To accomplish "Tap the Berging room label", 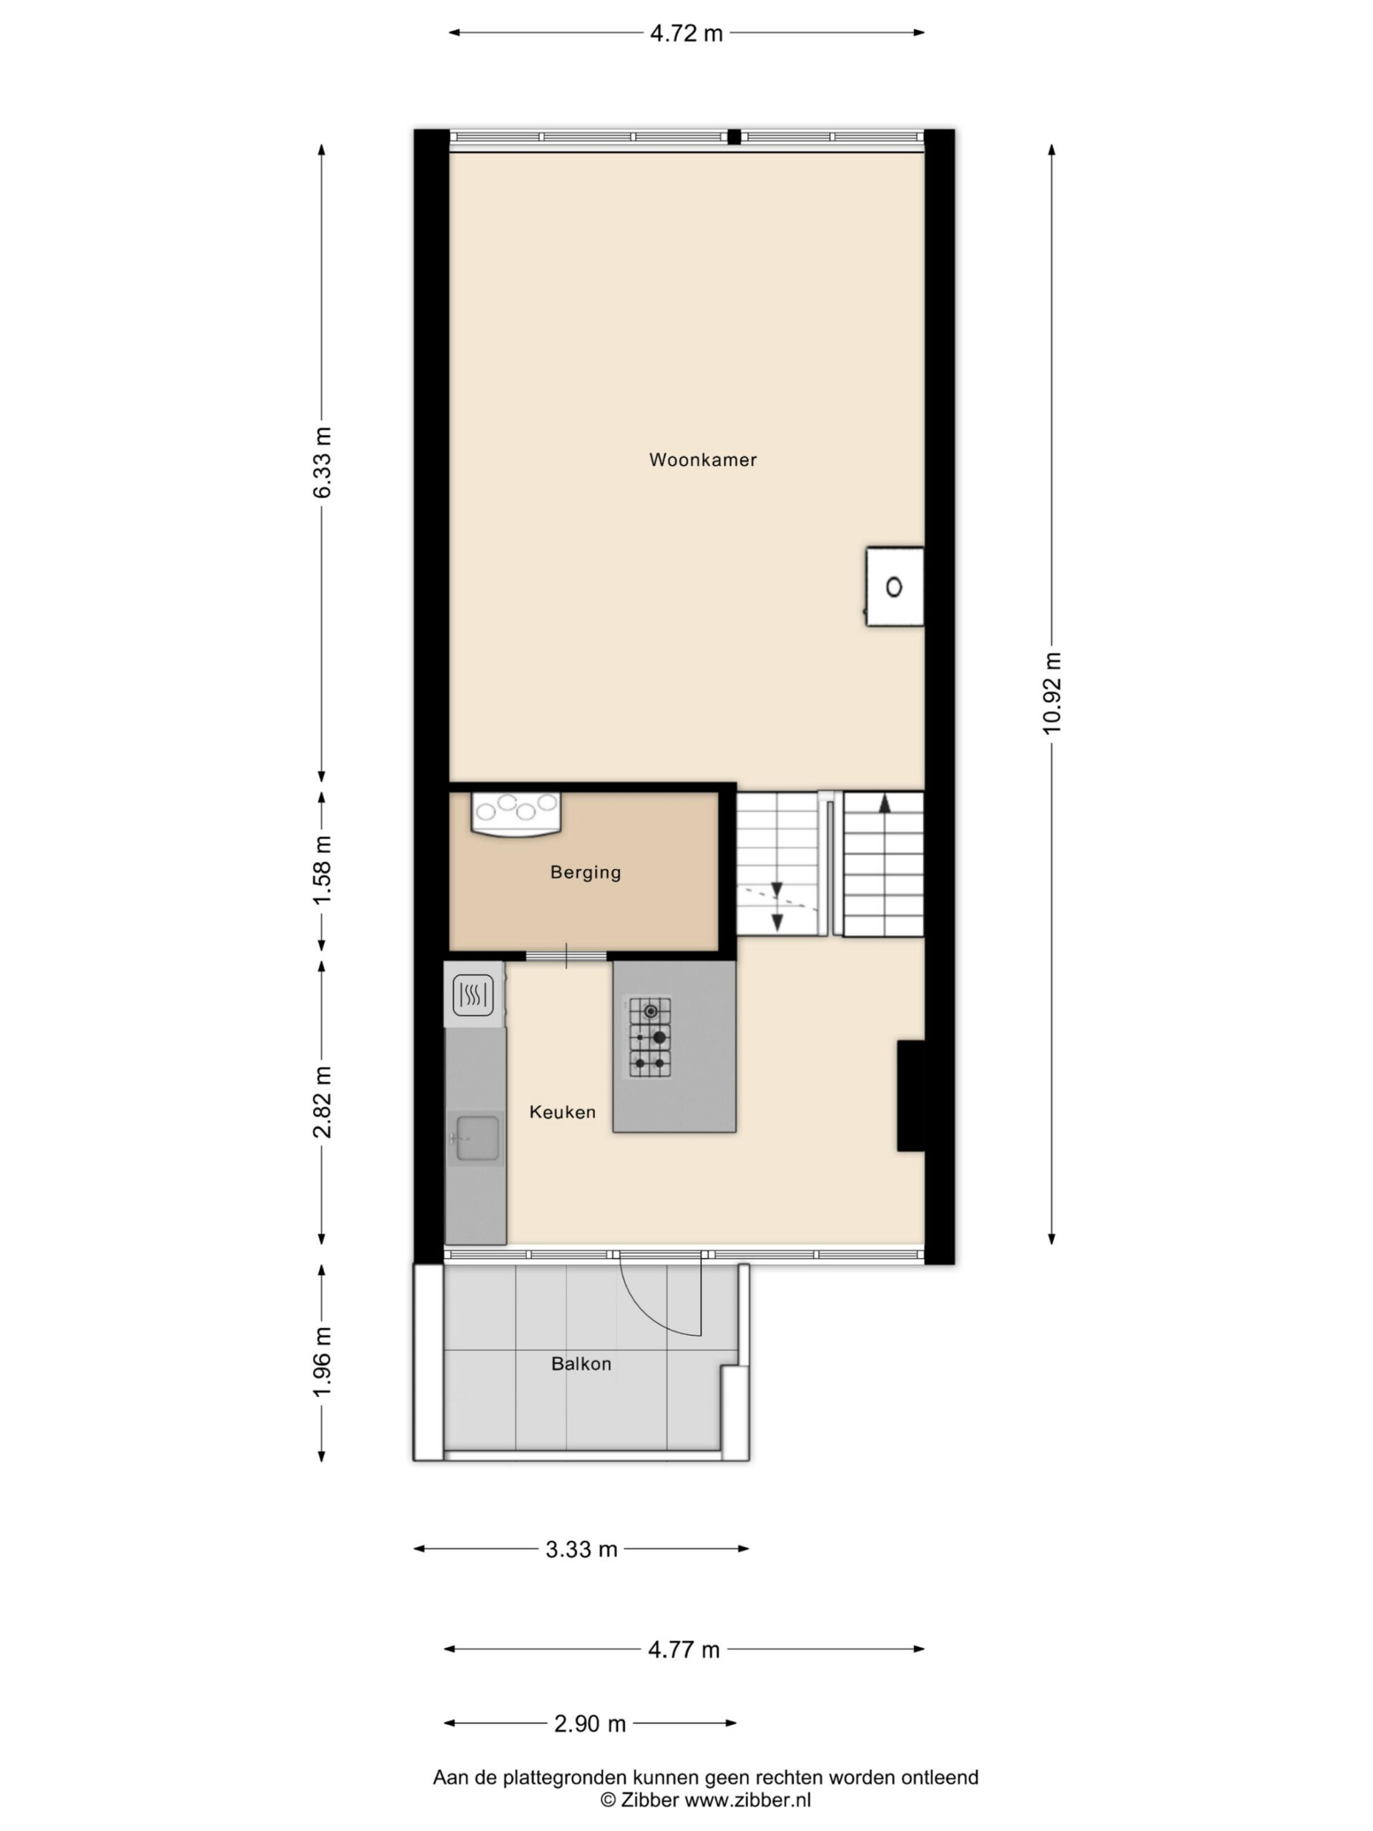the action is point(585,873).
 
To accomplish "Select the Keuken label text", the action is point(562,1111).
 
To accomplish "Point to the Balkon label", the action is point(581,1363).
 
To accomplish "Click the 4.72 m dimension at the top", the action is point(686,33).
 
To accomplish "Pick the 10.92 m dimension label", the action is point(1051,693).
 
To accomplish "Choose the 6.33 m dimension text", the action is point(321,462).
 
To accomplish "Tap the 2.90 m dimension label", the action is point(590,1724).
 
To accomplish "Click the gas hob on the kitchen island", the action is point(649,1037).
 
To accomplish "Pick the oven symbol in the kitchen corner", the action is point(474,995).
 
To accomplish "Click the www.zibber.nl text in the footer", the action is point(747,1800).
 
